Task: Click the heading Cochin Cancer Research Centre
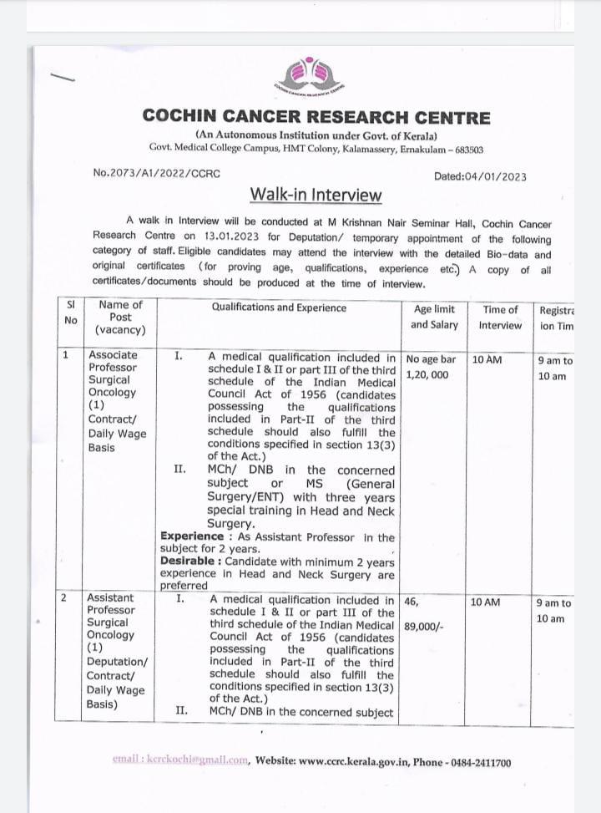coord(316,117)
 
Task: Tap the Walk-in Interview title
coord(316,195)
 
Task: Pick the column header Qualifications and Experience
coord(279,307)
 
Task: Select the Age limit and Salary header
coord(435,317)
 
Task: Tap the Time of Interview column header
coord(500,317)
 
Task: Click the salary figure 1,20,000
coord(427,374)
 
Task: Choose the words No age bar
coord(432,359)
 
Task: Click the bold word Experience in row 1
coord(192,536)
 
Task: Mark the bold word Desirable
coord(190,561)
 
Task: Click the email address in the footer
coord(180,762)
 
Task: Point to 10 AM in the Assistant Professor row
coord(486,601)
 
